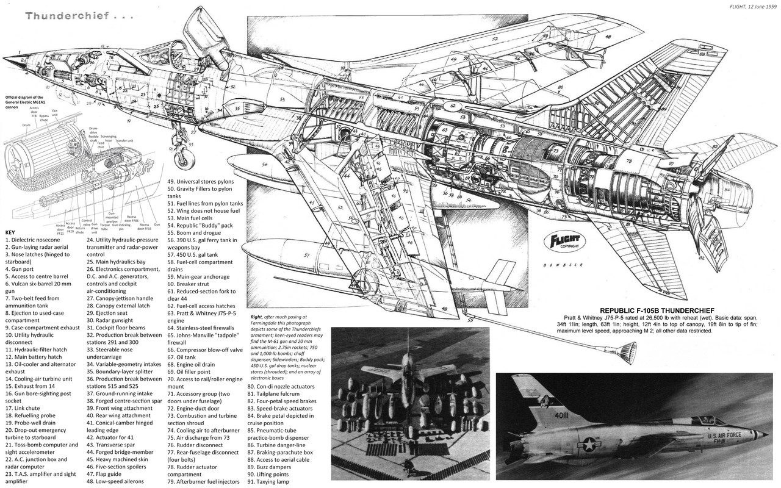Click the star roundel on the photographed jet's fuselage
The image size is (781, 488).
pos(589,445)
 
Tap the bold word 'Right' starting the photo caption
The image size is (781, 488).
pos(256,317)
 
